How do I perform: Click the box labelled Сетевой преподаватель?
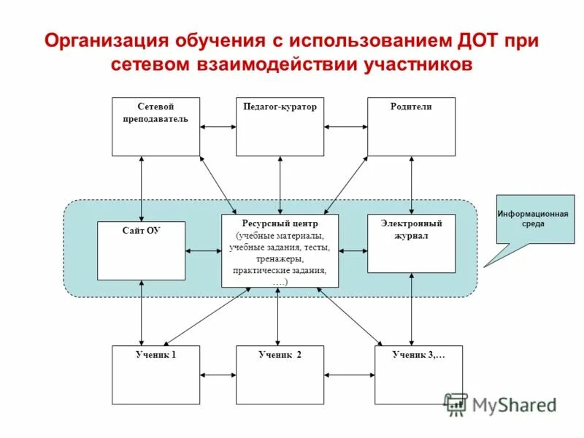click(x=155, y=126)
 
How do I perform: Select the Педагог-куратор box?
click(x=280, y=126)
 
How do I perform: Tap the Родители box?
click(x=411, y=126)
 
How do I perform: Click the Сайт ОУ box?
click(x=141, y=250)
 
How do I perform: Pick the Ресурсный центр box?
click(x=280, y=250)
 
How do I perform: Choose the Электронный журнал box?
click(x=411, y=243)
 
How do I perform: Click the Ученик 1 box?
click(x=155, y=374)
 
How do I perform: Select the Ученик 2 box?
click(x=280, y=374)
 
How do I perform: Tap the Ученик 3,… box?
click(x=418, y=374)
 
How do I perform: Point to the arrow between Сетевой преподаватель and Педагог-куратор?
click(x=218, y=126)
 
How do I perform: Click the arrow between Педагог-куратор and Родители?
click(x=345, y=126)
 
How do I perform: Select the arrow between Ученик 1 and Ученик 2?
click(x=218, y=375)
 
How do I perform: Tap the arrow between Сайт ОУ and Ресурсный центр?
click(x=203, y=251)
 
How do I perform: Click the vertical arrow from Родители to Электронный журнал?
click(x=412, y=185)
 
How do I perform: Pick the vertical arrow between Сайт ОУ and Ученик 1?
click(x=142, y=312)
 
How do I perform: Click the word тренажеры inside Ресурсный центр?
click(x=280, y=259)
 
